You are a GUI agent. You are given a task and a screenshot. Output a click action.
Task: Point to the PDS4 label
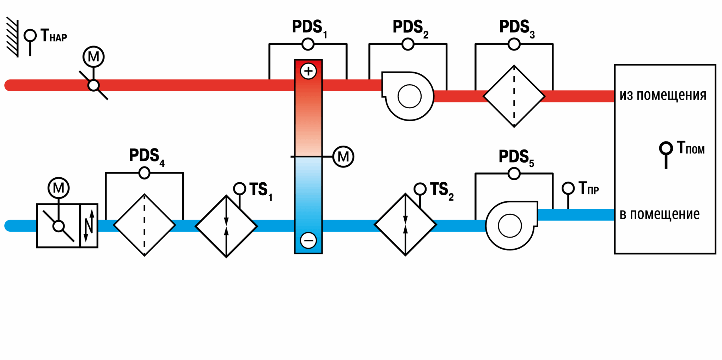pos(147,157)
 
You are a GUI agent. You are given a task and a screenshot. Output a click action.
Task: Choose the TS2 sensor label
pos(442,191)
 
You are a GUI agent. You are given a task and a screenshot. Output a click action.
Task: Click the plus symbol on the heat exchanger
pos(308,71)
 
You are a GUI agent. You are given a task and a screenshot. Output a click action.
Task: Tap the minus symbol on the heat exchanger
pos(308,240)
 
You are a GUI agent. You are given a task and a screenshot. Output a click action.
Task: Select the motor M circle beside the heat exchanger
pos(343,157)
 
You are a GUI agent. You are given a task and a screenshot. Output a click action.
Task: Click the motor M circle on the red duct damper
pos(93,57)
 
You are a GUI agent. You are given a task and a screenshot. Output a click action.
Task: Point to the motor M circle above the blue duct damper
pos(59,188)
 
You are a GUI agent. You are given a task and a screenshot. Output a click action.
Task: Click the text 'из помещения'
pos(663,96)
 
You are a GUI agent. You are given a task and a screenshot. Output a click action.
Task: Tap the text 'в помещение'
pos(660,214)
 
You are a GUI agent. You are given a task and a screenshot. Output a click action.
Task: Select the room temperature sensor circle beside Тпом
pos(666,148)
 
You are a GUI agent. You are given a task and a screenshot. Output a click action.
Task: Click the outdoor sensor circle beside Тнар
pos(30,36)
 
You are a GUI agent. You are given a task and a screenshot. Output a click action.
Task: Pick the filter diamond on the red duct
pos(514,96)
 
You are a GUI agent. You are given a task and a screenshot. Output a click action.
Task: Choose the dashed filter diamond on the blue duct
pos(144,225)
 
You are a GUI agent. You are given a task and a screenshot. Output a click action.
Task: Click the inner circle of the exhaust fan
pos(410,96)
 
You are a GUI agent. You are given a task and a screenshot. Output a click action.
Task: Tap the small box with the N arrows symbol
pos(89,226)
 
